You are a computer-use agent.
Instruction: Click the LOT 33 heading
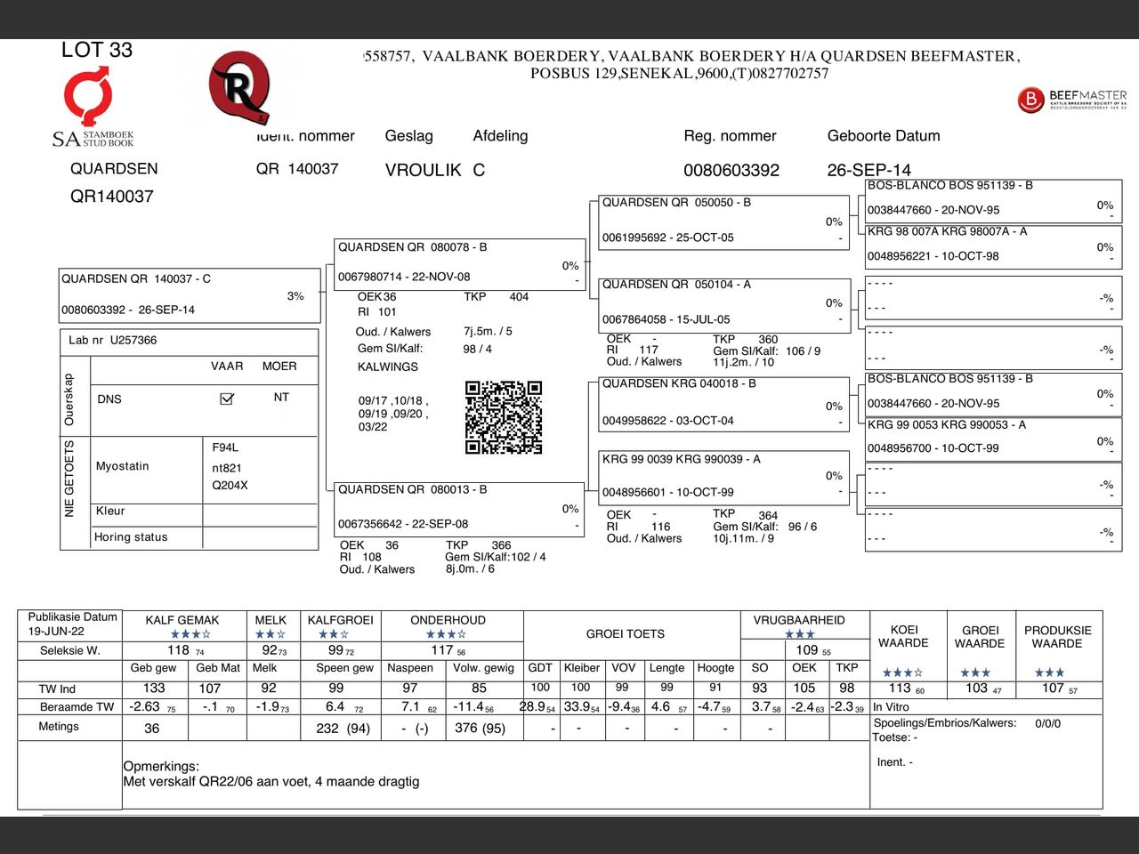[97, 51]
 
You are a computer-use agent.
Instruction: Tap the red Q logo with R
[238, 87]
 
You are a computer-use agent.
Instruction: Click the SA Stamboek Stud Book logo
[92, 110]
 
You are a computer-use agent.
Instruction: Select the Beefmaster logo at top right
[1071, 99]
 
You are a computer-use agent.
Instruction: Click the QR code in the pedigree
[503, 417]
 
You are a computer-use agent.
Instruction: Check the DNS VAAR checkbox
[227, 399]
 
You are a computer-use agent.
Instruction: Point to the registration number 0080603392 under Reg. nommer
[731, 170]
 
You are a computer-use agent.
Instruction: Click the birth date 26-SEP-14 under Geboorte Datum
[868, 170]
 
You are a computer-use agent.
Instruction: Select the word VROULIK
[424, 170]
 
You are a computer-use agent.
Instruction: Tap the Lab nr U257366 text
[113, 340]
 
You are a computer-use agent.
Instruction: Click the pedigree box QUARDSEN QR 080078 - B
[459, 263]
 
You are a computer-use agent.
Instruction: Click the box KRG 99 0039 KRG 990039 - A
[722, 475]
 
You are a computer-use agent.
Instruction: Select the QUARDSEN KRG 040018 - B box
[722, 402]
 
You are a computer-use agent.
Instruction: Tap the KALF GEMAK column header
[182, 620]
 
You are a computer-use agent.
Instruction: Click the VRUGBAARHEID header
[799, 620]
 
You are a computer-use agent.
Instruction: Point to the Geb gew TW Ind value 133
[154, 688]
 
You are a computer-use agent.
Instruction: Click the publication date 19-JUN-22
[56, 631]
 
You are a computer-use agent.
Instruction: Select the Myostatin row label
[123, 466]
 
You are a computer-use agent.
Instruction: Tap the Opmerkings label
[161, 766]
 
